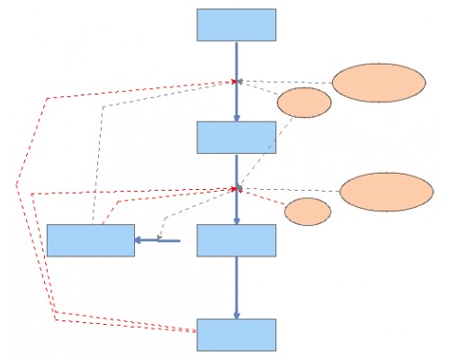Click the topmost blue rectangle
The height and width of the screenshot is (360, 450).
237,25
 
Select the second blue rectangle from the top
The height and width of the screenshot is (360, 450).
237,137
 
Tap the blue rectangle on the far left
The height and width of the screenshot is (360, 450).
90,240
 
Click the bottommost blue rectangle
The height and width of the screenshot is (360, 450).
237,334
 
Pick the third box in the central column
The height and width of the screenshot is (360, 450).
237,240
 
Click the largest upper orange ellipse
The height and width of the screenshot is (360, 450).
378,83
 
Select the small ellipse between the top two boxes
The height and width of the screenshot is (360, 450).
302,103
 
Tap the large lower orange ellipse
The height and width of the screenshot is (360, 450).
386,192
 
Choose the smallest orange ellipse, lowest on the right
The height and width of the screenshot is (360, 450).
307,211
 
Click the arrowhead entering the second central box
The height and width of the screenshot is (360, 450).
237,116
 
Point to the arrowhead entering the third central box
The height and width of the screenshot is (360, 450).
237,220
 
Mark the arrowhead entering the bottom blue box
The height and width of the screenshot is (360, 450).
237,314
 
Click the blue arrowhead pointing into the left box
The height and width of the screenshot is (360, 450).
139,239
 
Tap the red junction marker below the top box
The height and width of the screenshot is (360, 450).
236,81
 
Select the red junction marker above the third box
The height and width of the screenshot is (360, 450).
237,189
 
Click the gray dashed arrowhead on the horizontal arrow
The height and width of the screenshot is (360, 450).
159,238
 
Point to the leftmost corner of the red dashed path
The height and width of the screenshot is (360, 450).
16,185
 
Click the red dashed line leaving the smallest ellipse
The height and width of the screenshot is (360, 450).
265,199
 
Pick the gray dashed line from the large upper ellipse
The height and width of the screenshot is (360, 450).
288,82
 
